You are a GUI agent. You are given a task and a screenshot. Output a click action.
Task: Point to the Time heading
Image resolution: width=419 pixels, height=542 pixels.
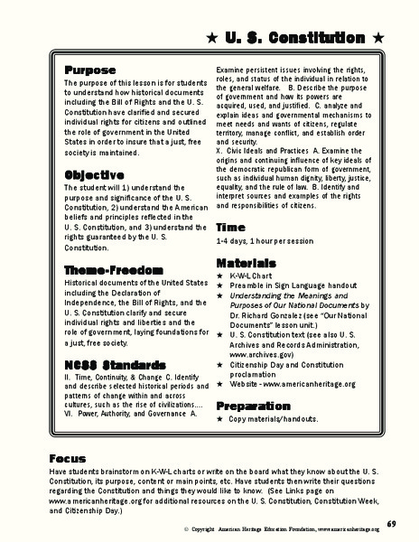click(231, 229)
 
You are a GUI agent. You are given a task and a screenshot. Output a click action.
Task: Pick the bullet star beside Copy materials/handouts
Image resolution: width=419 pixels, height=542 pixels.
click(219, 422)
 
